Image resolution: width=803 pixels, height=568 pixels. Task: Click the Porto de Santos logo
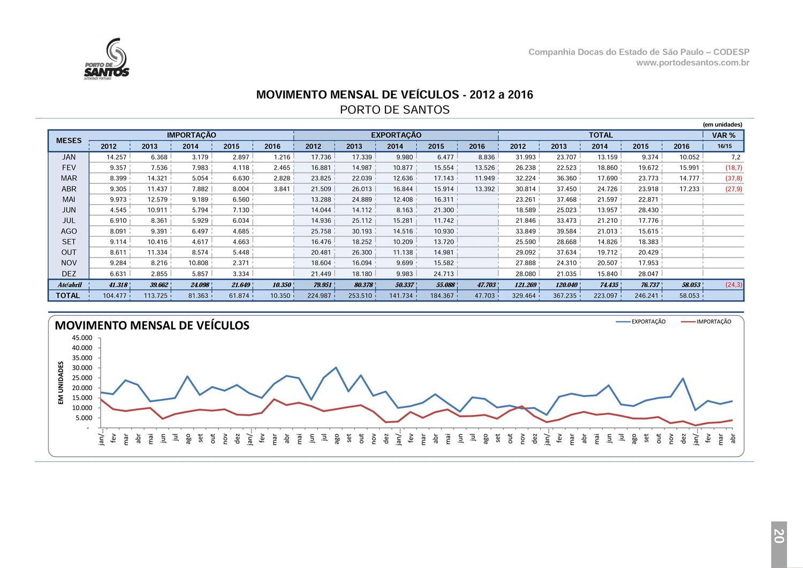click(107, 59)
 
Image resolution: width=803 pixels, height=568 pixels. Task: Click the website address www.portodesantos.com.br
click(693, 63)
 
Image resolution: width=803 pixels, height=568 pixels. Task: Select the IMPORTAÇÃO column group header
click(192, 135)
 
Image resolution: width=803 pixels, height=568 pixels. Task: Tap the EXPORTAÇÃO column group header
click(396, 135)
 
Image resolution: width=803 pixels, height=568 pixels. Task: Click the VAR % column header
click(723, 135)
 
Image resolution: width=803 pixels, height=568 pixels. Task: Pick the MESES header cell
click(69, 140)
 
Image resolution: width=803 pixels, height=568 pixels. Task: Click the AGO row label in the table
click(69, 231)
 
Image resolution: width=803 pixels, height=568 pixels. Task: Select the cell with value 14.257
click(117, 157)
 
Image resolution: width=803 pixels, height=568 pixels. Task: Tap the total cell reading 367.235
click(565, 296)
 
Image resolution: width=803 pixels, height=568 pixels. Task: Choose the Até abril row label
click(70, 285)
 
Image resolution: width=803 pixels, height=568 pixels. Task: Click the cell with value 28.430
click(648, 210)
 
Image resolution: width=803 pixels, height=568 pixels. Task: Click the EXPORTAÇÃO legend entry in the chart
click(641, 322)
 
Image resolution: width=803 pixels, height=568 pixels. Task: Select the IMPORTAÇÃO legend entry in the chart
click(706, 322)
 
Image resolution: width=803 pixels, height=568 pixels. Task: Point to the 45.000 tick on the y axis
click(82, 338)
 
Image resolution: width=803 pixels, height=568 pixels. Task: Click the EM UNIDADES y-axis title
click(60, 383)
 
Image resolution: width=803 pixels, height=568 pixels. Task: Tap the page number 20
click(779, 536)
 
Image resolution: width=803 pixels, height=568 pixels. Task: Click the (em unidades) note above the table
click(722, 124)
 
